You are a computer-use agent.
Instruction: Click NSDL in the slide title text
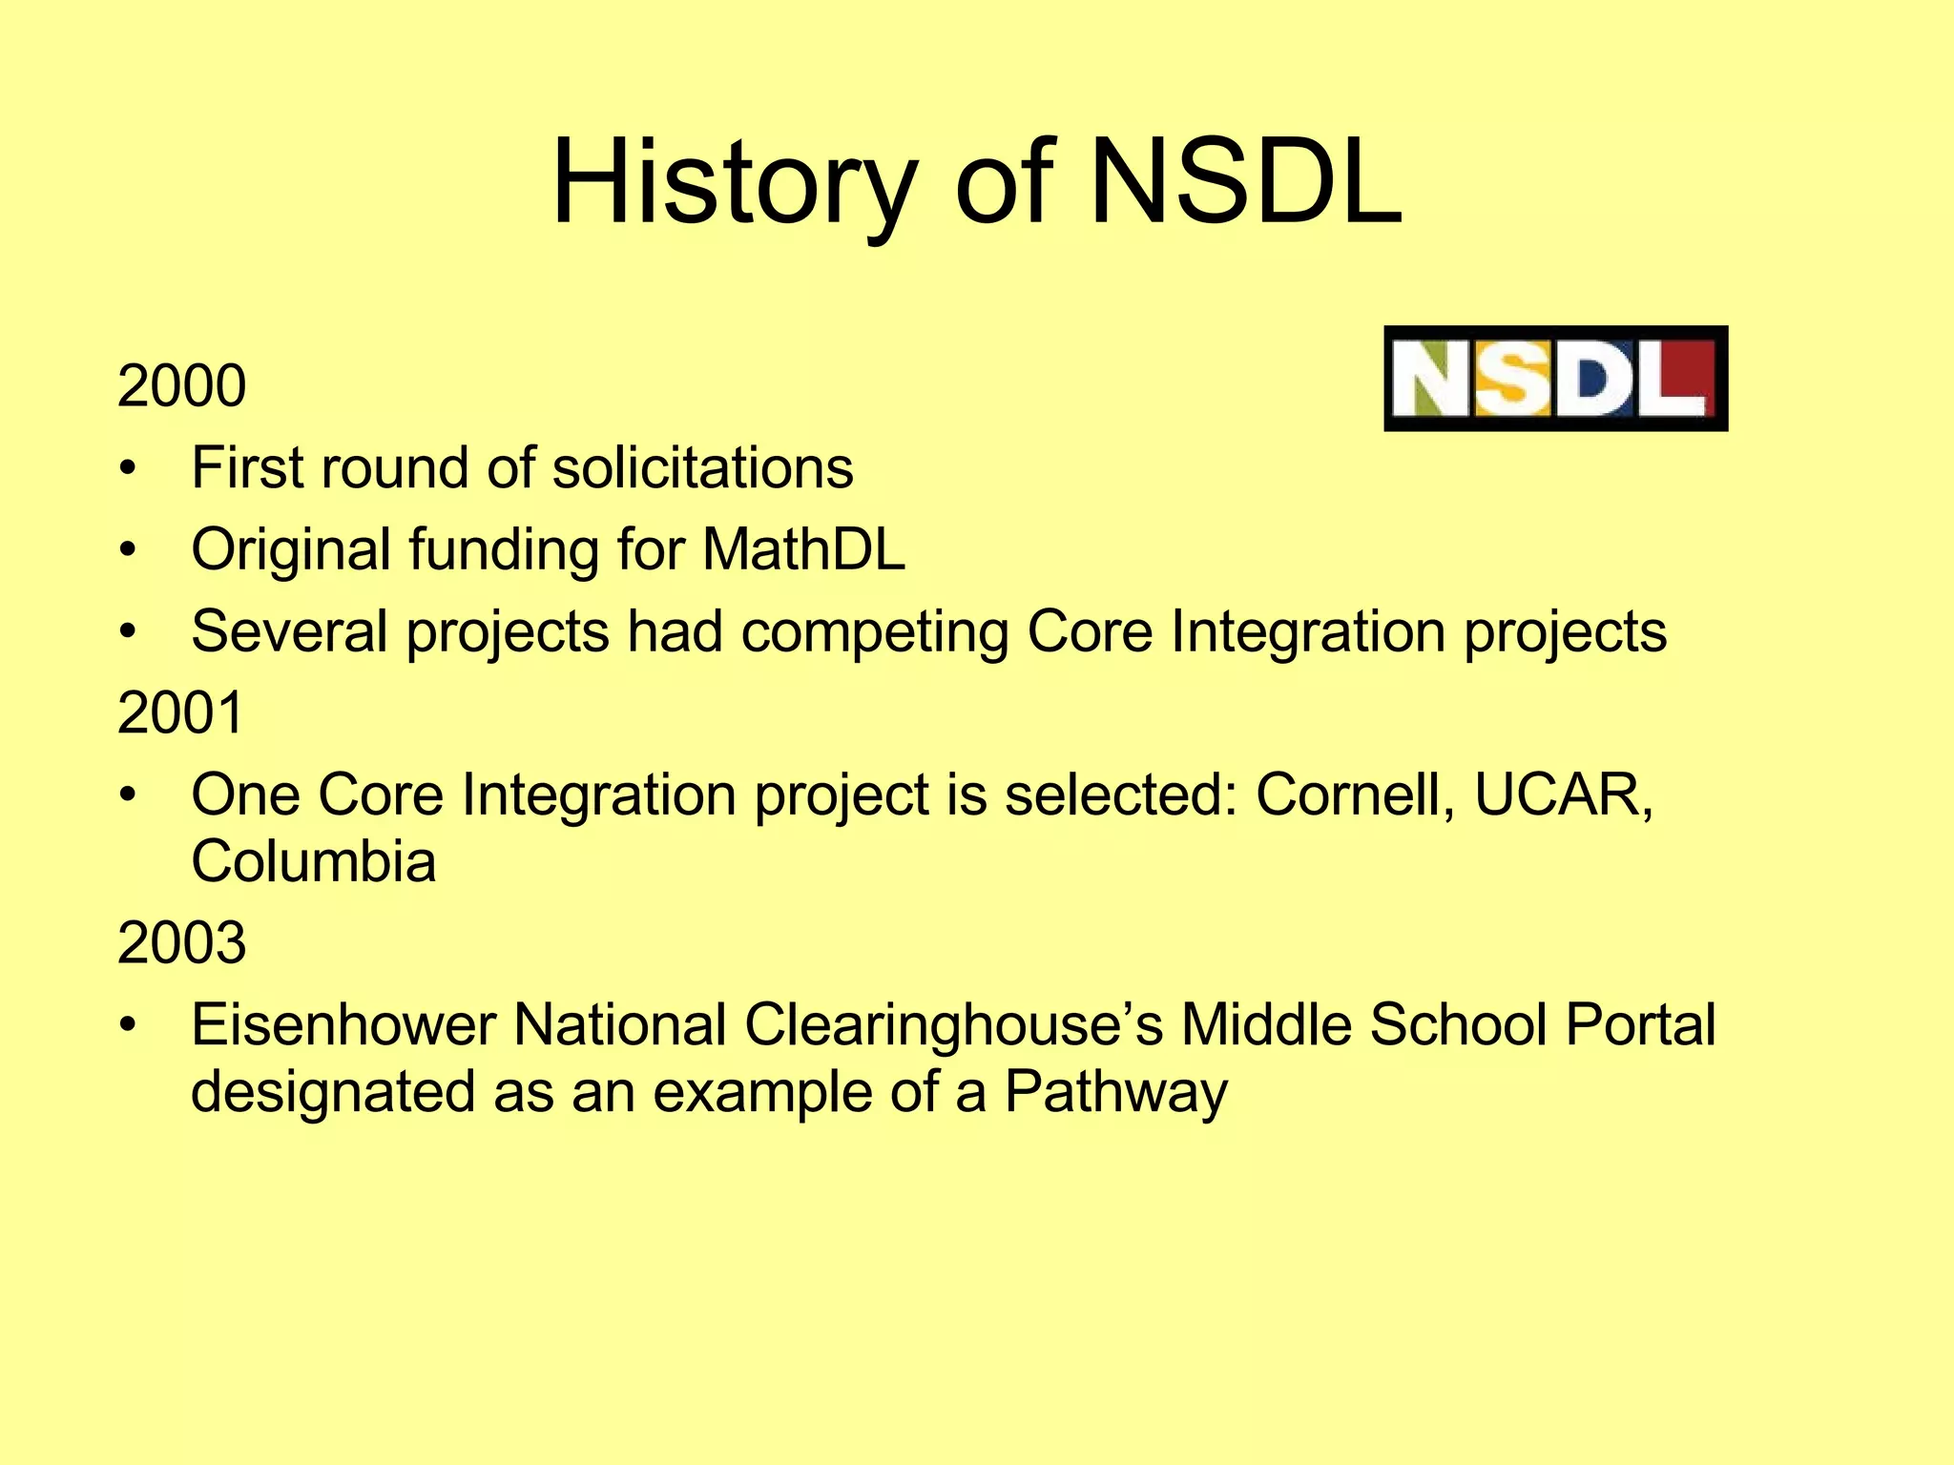pos(1245,183)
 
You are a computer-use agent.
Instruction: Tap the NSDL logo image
pos(1555,379)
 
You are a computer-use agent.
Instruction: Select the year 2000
pos(181,386)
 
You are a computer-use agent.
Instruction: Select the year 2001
pos(181,712)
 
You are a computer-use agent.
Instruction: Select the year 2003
pos(181,943)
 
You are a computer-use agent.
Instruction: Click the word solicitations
pos(702,468)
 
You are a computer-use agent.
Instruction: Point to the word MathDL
pos(803,550)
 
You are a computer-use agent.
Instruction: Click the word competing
pos(874,632)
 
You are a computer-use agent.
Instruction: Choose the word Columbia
pos(313,861)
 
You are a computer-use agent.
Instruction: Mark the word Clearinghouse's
pos(953,1025)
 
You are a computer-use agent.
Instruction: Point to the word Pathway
pos(1115,1092)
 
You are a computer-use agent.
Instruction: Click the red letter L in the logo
pos(1676,379)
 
